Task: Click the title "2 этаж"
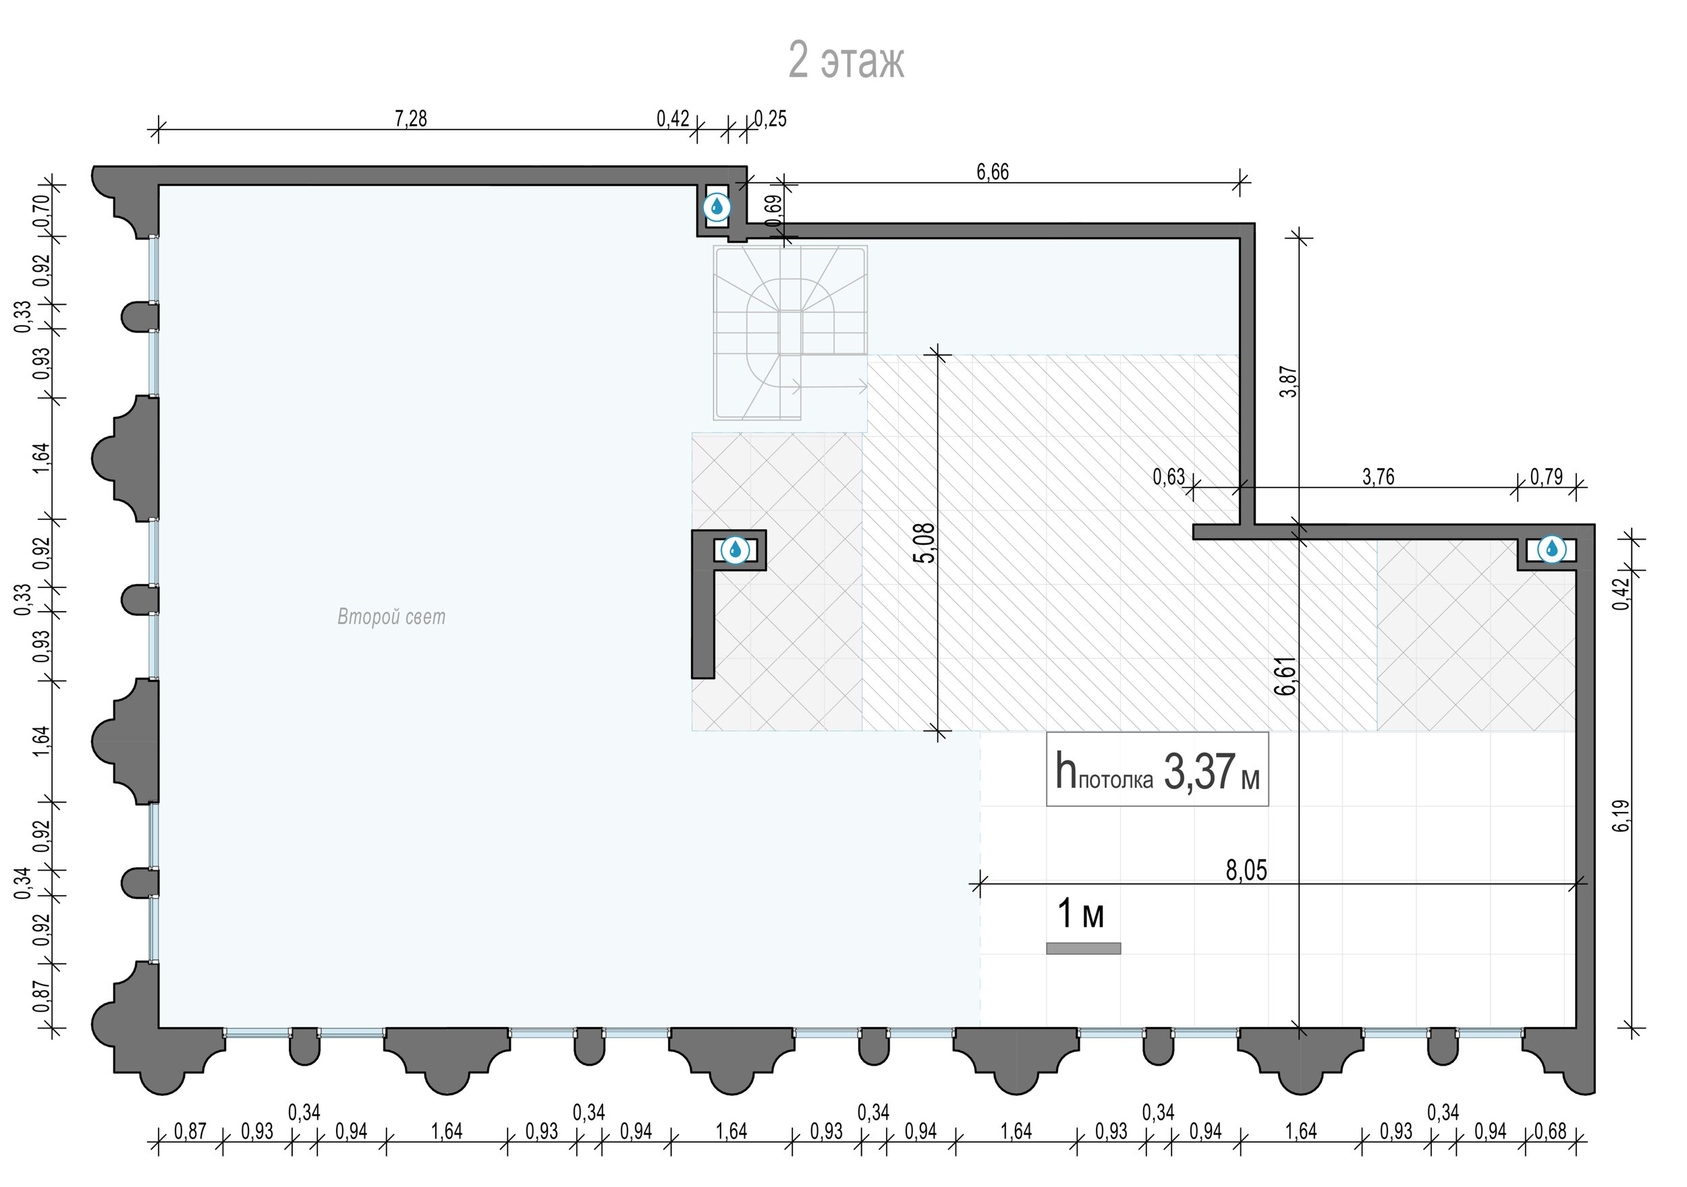point(846,60)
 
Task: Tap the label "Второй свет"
point(391,617)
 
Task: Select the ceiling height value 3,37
point(1200,773)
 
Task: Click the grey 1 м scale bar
point(1083,948)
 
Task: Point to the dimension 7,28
point(411,118)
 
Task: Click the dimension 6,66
point(993,172)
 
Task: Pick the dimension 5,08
point(926,543)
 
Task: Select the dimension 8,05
point(1247,871)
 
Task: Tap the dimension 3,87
point(1289,382)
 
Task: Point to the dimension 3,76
point(1379,477)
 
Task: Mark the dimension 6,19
point(1622,816)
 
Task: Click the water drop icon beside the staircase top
point(717,208)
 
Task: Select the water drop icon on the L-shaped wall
point(735,550)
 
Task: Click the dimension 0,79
point(1547,477)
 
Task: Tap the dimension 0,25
point(771,119)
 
